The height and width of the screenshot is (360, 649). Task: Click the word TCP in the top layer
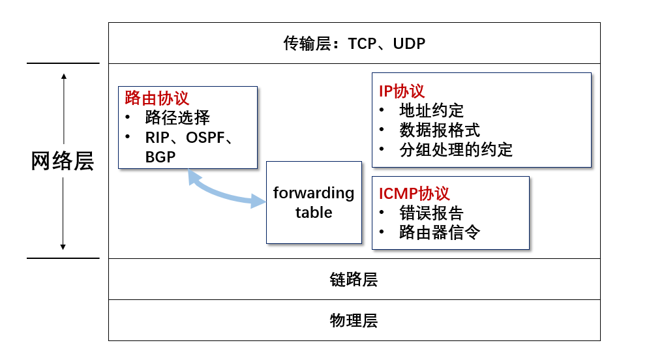coord(362,44)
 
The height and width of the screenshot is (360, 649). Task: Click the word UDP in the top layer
coord(409,44)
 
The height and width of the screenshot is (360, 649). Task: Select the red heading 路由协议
coord(157,98)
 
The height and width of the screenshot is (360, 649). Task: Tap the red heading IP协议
coord(402,91)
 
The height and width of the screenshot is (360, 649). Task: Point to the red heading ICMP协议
coord(414,193)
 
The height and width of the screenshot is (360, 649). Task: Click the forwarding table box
coord(314,202)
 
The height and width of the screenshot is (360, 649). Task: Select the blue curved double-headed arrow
coord(226,191)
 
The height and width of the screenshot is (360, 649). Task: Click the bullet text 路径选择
coord(177,117)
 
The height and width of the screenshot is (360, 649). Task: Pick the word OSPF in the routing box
coord(205,138)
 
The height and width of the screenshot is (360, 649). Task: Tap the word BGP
coord(160,157)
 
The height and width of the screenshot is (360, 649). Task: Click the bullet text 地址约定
coord(431,110)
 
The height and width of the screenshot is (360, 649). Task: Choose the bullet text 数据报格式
coord(440,130)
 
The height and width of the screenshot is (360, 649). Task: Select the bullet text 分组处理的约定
coord(456,149)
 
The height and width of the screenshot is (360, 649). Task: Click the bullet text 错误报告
coord(431,213)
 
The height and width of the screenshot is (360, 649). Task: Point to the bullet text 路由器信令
coord(440,232)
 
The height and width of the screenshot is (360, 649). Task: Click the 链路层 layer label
coord(354,279)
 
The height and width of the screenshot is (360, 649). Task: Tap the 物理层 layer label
coord(354,320)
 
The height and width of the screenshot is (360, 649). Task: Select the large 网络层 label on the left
coord(63,161)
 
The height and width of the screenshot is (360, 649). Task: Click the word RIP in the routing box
coord(157,138)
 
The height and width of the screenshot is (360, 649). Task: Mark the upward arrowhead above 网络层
coord(64,76)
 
